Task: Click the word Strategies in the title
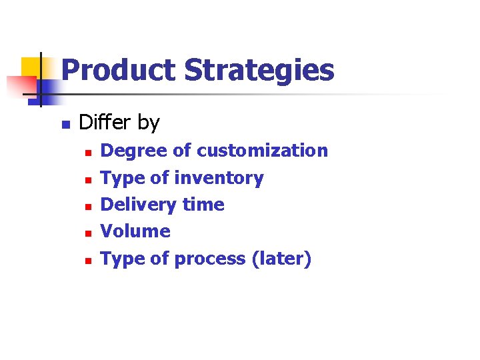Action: (259, 70)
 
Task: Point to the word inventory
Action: (219, 178)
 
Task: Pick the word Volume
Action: (135, 231)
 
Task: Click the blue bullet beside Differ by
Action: (65, 125)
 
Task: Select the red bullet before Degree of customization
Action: (87, 153)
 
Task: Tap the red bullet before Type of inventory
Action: (87, 180)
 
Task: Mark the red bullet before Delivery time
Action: (87, 207)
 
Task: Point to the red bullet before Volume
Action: (87, 233)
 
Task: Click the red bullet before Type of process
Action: (87, 261)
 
